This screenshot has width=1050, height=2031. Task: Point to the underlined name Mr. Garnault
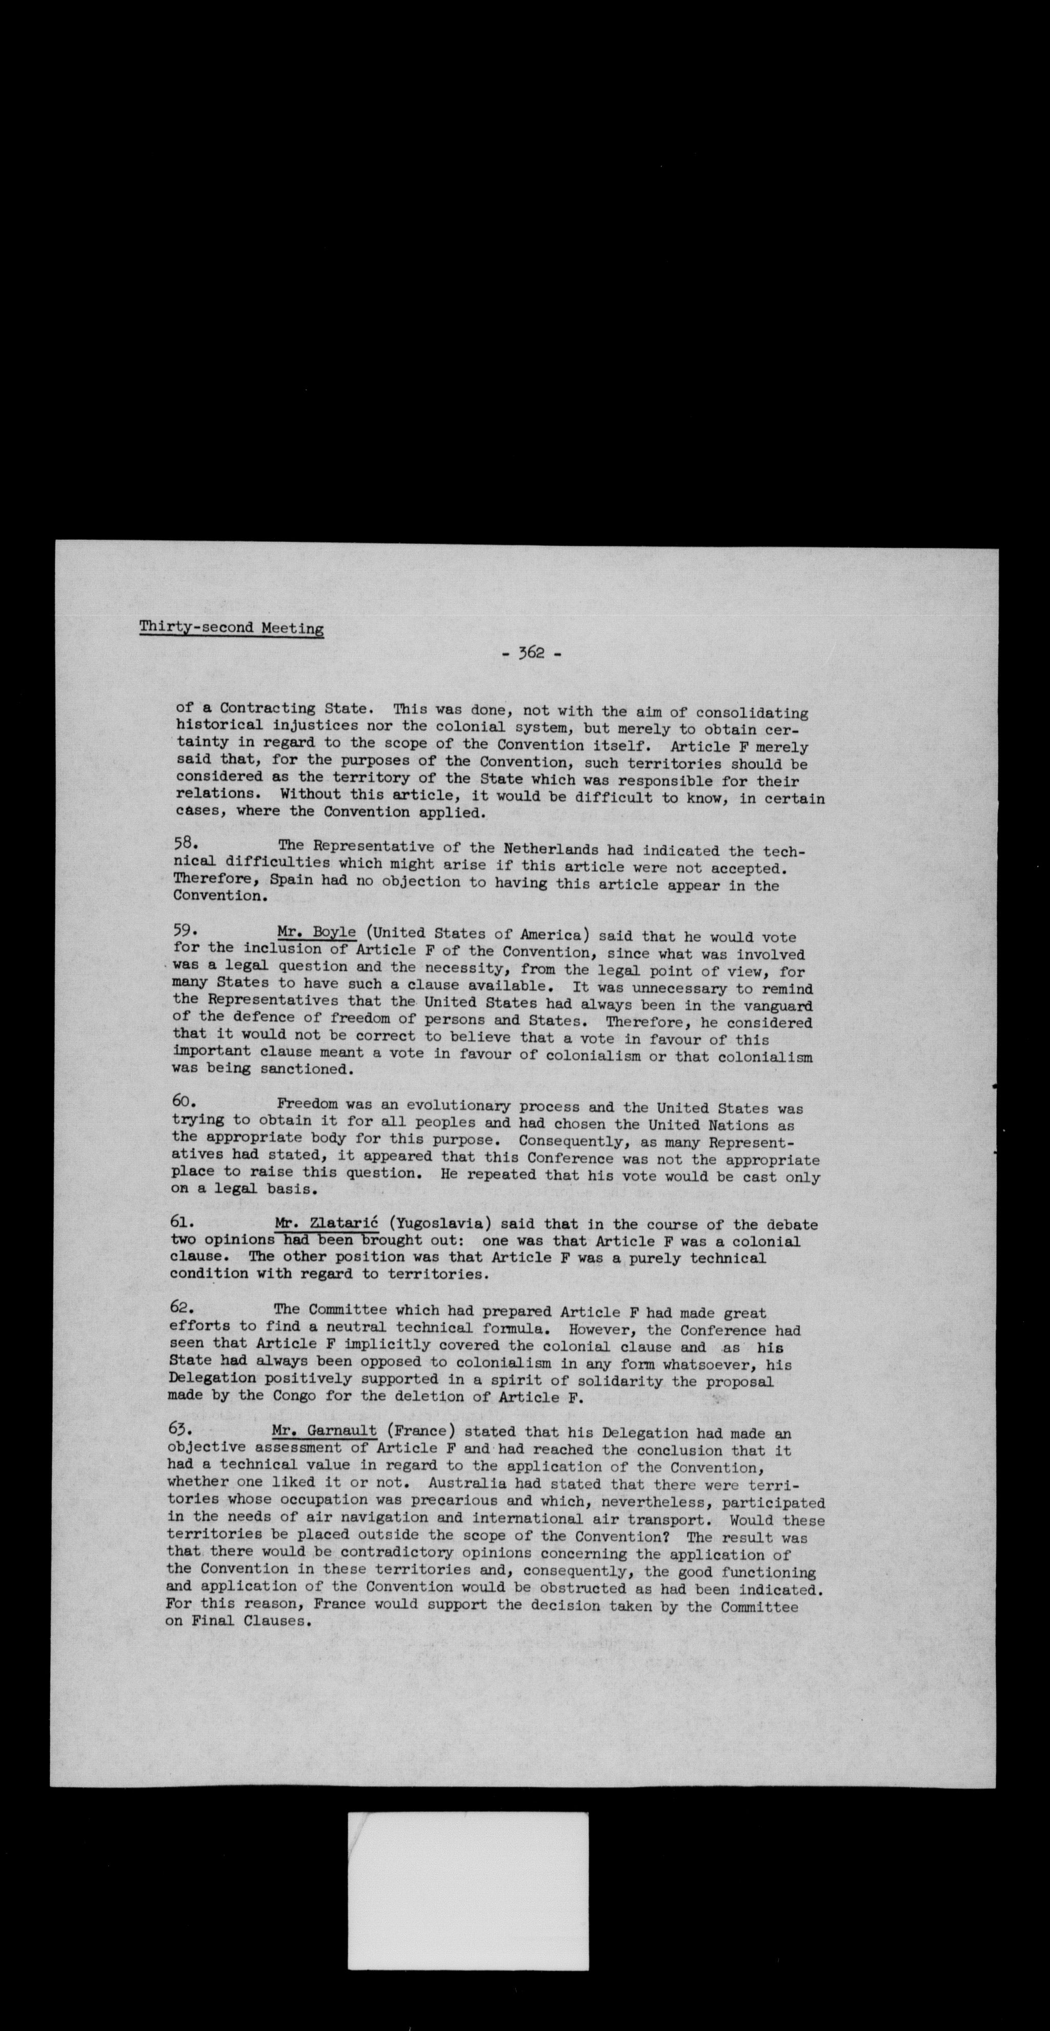click(x=324, y=1430)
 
